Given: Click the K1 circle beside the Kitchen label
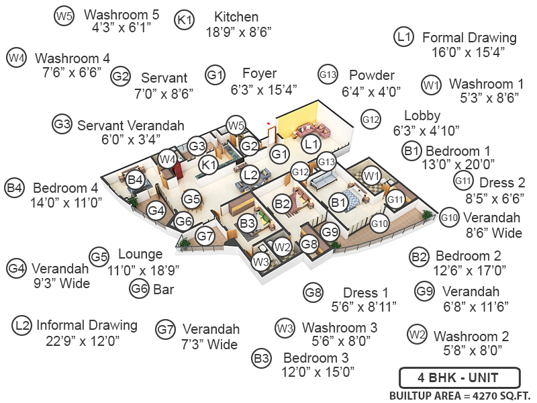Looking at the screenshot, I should tap(184, 20).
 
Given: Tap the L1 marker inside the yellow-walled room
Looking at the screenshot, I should tap(309, 143).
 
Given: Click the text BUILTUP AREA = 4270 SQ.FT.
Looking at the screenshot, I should tap(459, 395).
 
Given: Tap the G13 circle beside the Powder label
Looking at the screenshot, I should tap(327, 75).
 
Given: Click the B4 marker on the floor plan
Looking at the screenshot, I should tap(136, 179).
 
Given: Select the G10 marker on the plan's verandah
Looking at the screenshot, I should tap(379, 224).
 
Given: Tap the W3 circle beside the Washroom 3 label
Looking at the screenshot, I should tap(285, 328).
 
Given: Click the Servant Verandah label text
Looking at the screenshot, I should tap(130, 126).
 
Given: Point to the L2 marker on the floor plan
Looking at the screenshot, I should tap(250, 175).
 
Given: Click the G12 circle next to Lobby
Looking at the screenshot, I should tap(371, 120).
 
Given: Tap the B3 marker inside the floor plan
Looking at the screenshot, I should tap(248, 221).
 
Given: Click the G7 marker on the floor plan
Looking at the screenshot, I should tap(205, 236).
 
